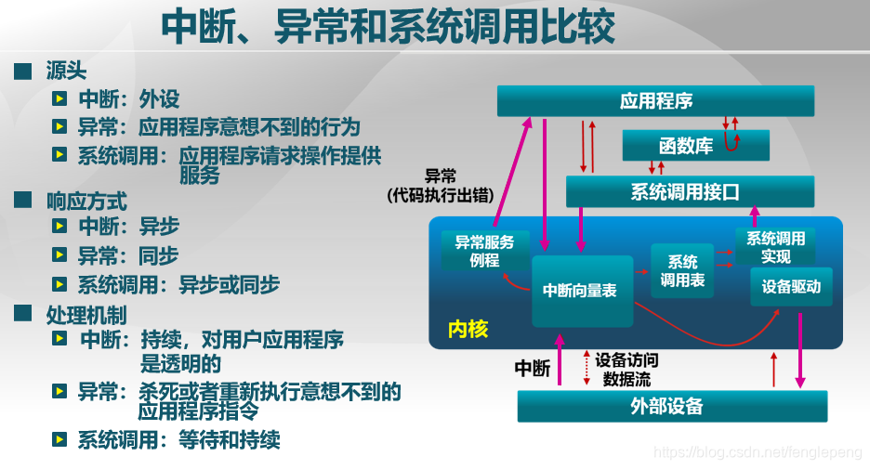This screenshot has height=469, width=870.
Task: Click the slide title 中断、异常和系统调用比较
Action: pos(388,27)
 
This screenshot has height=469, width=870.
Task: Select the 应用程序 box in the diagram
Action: pos(655,101)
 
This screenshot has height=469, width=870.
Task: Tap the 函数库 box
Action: pos(685,146)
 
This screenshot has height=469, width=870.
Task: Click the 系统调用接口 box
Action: pos(690,192)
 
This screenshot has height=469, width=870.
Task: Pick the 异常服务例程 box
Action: pos(484,251)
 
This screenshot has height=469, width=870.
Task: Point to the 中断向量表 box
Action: pos(581,291)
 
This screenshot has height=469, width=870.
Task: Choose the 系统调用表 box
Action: pos(682,270)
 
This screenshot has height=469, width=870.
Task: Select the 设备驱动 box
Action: pos(791,287)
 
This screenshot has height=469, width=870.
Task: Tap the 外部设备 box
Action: pos(671,406)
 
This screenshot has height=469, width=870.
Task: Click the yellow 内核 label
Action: pos(468,330)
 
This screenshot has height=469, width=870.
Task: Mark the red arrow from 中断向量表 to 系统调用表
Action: pos(641,271)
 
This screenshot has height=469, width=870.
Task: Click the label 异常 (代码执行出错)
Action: pos(440,185)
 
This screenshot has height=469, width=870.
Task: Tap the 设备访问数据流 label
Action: pos(626,370)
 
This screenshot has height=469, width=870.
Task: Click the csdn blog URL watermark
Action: pos(758,452)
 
